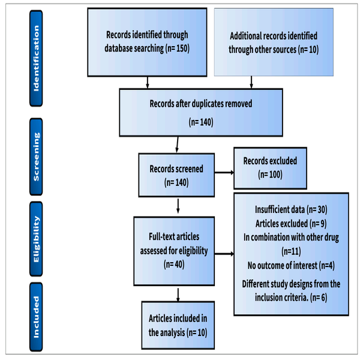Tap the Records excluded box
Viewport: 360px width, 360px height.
coord(270,168)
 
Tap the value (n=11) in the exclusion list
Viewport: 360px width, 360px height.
coord(292,251)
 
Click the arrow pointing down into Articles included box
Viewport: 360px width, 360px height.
coord(177,294)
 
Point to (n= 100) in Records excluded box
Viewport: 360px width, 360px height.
coord(270,175)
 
